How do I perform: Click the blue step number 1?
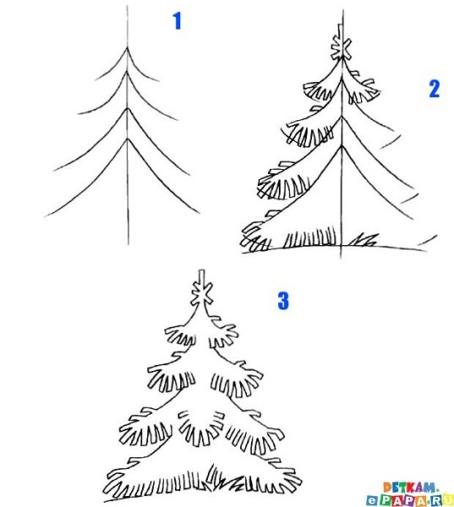tap(177, 21)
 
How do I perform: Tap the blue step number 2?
tap(434, 89)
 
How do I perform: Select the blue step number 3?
tap(282, 299)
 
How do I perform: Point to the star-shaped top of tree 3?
tap(201, 292)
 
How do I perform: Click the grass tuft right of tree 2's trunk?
tap(364, 241)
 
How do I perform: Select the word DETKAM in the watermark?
tap(410, 487)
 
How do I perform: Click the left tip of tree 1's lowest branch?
tap(47, 216)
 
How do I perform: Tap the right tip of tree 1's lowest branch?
tap(200, 213)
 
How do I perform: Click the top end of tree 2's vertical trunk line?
tap(343, 11)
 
